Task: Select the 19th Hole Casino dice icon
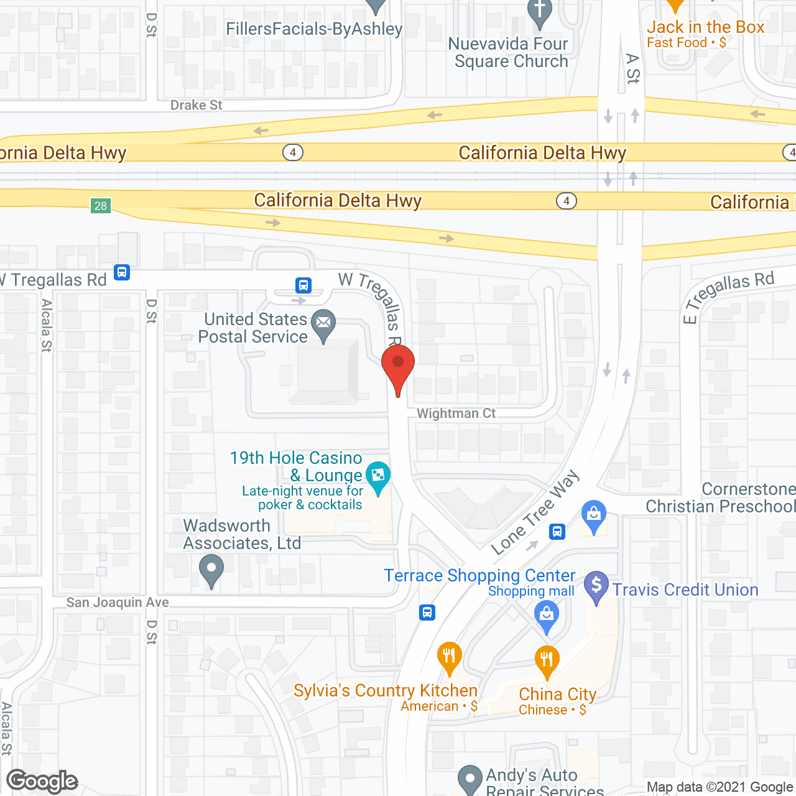click(x=377, y=476)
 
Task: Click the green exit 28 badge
click(x=101, y=206)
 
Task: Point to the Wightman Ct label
click(x=456, y=414)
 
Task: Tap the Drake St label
click(x=196, y=105)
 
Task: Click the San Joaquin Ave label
click(x=118, y=602)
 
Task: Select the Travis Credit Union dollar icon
click(x=596, y=585)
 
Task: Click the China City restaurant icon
click(x=547, y=660)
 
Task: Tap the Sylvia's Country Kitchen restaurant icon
click(x=449, y=655)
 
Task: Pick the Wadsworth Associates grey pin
click(x=211, y=569)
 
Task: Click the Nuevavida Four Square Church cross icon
click(x=539, y=11)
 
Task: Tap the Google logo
click(x=42, y=782)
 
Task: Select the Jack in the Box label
click(x=705, y=27)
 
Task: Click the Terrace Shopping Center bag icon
click(x=547, y=616)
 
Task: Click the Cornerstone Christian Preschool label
click(x=720, y=497)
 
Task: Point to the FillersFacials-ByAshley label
click(x=314, y=29)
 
